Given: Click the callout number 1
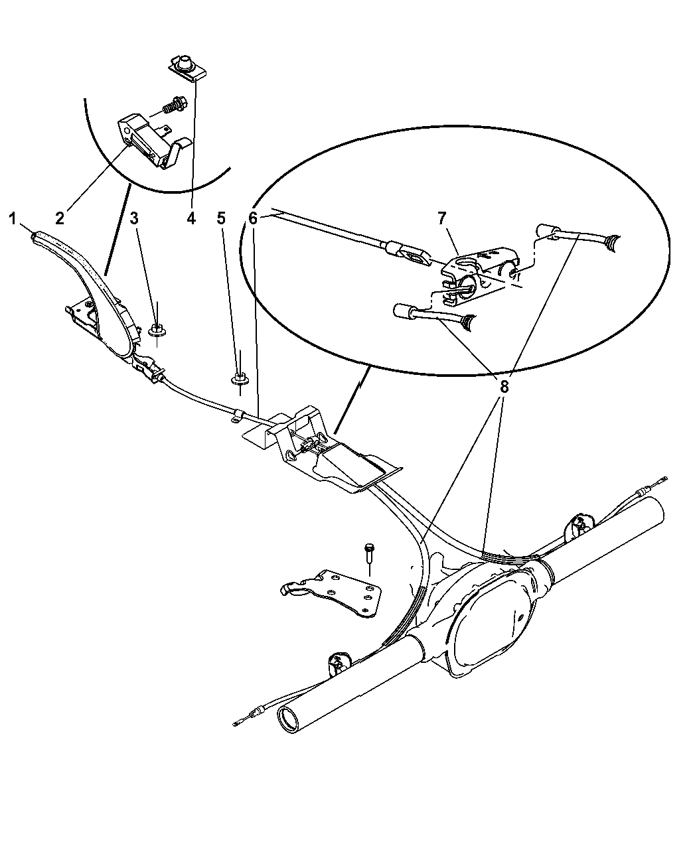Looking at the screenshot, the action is tap(13, 219).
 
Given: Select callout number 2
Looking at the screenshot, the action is tap(60, 219).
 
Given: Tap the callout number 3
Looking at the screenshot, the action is tap(134, 219).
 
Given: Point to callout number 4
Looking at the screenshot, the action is tap(191, 219).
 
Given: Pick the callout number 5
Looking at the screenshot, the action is tap(221, 219).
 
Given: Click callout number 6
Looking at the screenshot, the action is tap(253, 219).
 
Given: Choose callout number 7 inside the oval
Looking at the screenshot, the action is tap(441, 219).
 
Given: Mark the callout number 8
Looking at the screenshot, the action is tap(504, 387).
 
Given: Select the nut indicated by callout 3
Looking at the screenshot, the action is tap(156, 330).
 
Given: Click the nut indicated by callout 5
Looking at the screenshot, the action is tap(240, 380).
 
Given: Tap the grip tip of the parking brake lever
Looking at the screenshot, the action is tap(35, 236).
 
